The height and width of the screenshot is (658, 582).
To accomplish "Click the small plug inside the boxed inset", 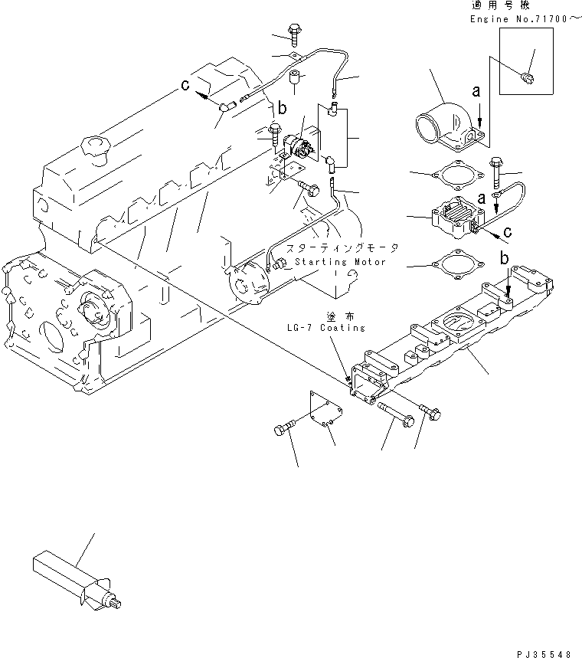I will pyautogui.click(x=525, y=77).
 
